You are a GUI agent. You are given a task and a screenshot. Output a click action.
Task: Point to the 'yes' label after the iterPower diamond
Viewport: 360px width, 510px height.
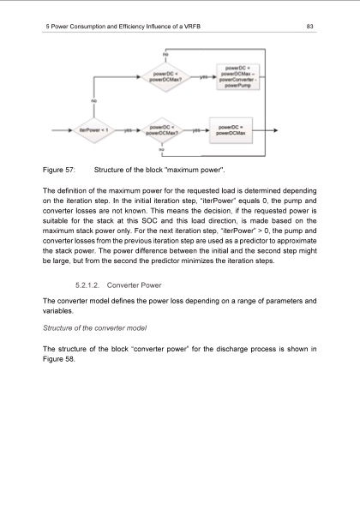127,131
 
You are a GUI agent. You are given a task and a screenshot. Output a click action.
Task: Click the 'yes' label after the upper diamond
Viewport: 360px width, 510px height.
203,77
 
